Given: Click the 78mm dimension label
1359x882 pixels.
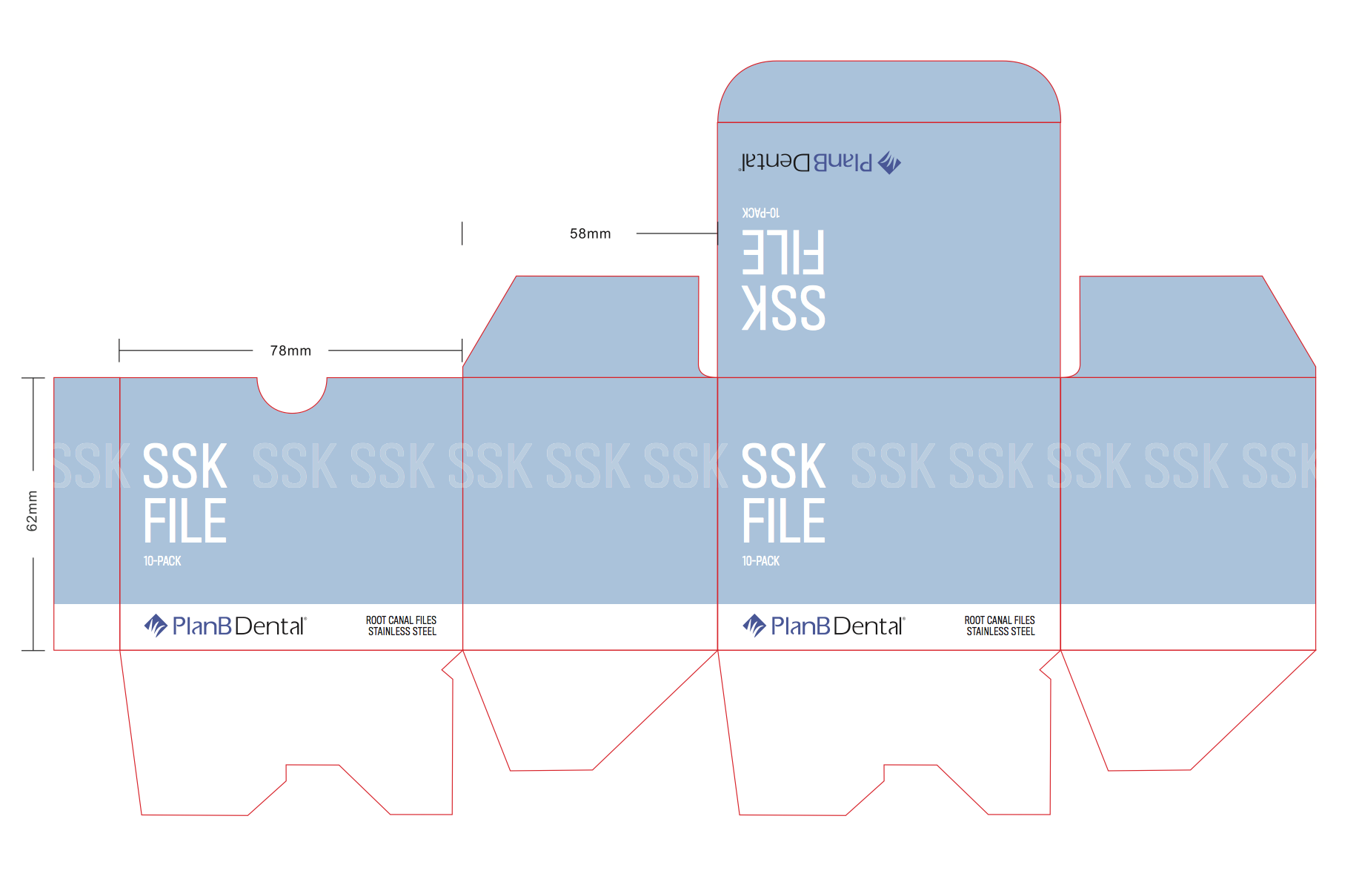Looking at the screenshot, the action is pyautogui.click(x=290, y=351).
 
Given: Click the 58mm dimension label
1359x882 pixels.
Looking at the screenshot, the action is pyautogui.click(x=590, y=233).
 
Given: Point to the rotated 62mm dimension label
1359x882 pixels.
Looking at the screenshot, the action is pyautogui.click(x=32, y=511).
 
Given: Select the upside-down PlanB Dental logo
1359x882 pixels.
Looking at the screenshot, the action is pyautogui.click(x=820, y=162).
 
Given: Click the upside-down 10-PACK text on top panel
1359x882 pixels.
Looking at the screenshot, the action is pyautogui.click(x=760, y=213).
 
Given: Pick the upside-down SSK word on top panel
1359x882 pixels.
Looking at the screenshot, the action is pyautogui.click(x=783, y=308).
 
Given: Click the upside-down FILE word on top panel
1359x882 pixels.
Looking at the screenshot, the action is pyautogui.click(x=783, y=252).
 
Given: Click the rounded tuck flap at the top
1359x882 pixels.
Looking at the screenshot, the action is pyautogui.click(x=888, y=93).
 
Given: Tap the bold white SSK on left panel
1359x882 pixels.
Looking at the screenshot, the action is pyautogui.click(x=185, y=467).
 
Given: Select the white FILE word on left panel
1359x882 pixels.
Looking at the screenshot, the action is pyautogui.click(x=185, y=522).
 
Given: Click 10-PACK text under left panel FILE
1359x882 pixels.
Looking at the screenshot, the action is pyautogui.click(x=162, y=561).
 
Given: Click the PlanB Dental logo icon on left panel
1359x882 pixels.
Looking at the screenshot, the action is pyautogui.click(x=156, y=626).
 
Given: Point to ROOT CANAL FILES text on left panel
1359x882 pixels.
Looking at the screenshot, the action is pyautogui.click(x=401, y=620).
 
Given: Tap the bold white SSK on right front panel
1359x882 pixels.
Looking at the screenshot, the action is pyautogui.click(x=783, y=467).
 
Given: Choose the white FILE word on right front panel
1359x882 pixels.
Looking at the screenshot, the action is pyautogui.click(x=783, y=522).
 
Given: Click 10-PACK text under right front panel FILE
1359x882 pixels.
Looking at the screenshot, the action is pyautogui.click(x=761, y=561).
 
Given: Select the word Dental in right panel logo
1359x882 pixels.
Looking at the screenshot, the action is pyautogui.click(x=868, y=626).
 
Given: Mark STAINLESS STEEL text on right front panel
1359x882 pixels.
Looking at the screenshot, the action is pyautogui.click(x=1000, y=631).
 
